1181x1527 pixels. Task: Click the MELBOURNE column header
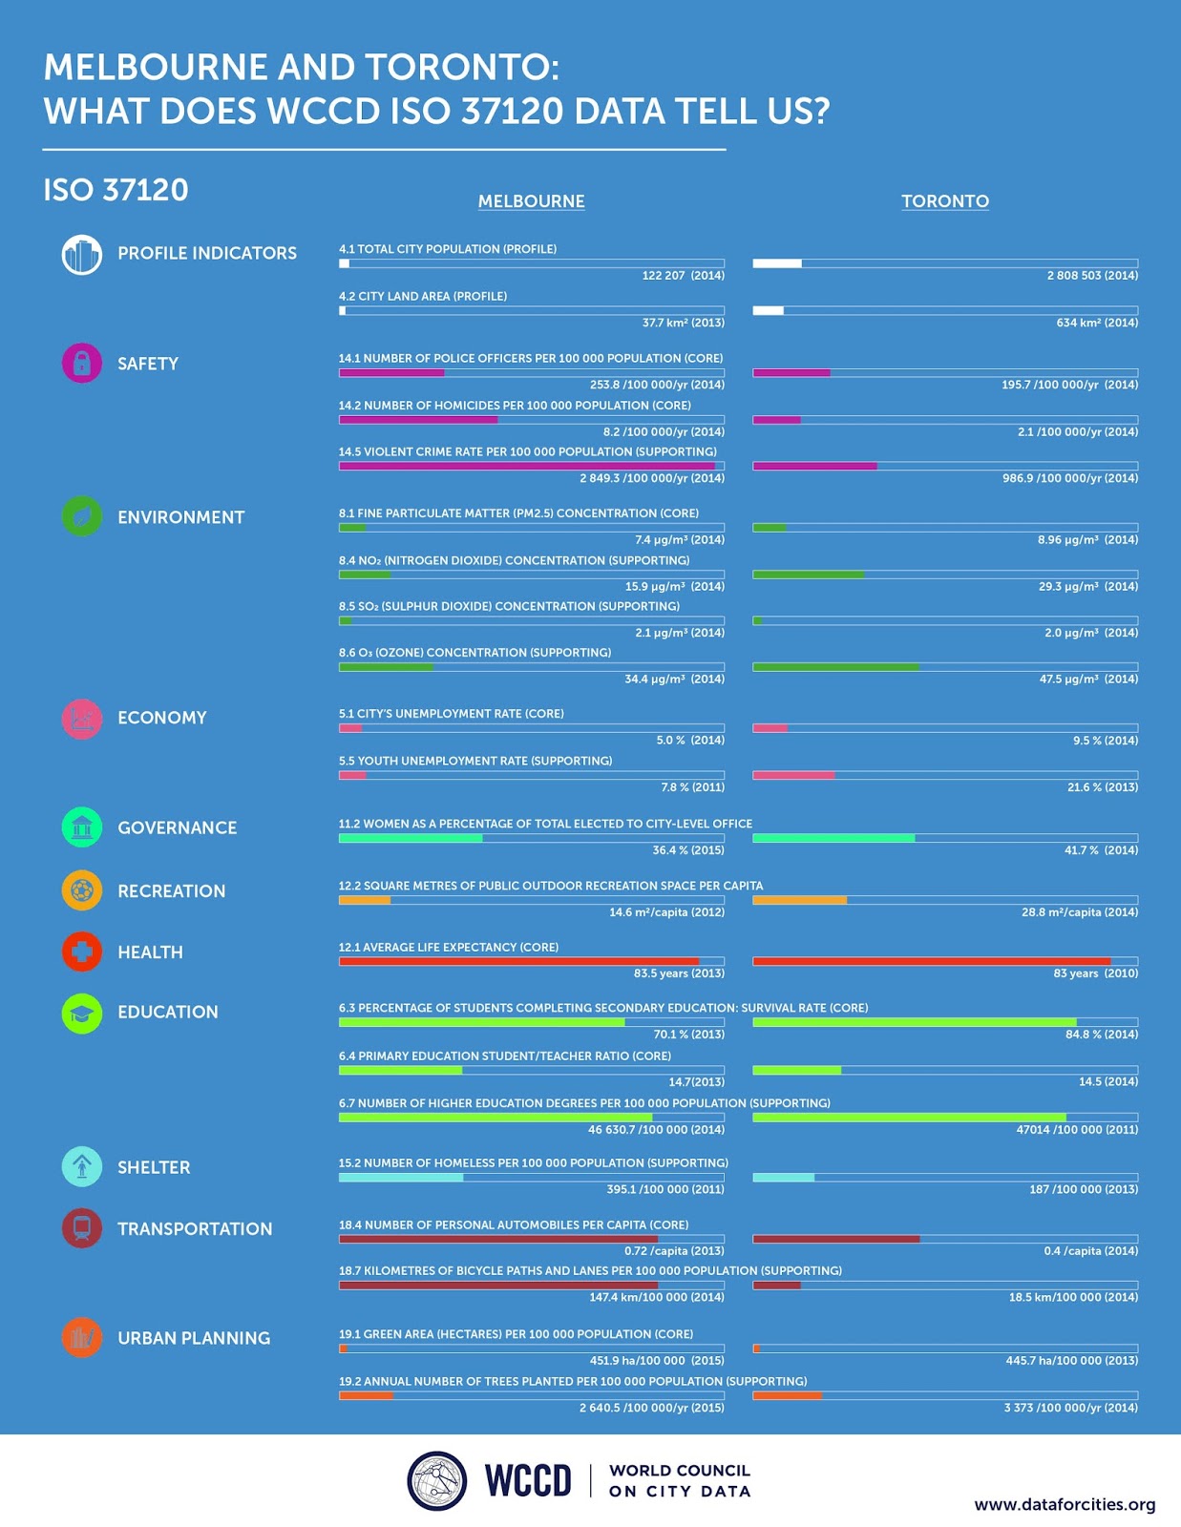pyautogui.click(x=531, y=201)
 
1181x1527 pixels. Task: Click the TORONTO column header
pyautogui.click(x=944, y=201)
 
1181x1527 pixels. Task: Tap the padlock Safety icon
pyautogui.click(x=82, y=363)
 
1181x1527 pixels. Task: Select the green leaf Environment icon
pyautogui.click(x=82, y=516)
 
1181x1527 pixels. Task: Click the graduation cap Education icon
pyautogui.click(x=82, y=1013)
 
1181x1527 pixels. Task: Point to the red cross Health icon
pyautogui.click(x=82, y=952)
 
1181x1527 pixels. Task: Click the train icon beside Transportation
pyautogui.click(x=82, y=1228)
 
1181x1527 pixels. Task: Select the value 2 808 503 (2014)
pyautogui.click(x=1091, y=276)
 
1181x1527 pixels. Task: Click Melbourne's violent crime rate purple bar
pyautogui.click(x=526, y=466)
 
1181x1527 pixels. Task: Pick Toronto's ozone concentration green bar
pyautogui.click(x=835, y=667)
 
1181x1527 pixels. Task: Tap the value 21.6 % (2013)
pyautogui.click(x=1102, y=787)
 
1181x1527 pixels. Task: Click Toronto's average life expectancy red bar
pyautogui.click(x=931, y=961)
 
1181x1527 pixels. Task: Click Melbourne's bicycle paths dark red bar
pyautogui.click(x=497, y=1285)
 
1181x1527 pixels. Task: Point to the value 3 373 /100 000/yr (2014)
pyautogui.click(x=1070, y=1408)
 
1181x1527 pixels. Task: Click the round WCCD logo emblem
pyautogui.click(x=436, y=1481)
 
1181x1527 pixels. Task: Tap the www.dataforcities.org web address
pyautogui.click(x=1064, y=1505)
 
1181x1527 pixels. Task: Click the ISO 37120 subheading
pyautogui.click(x=116, y=190)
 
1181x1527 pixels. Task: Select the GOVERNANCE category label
pyautogui.click(x=177, y=828)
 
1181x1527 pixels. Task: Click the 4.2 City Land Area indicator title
pyautogui.click(x=422, y=297)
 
